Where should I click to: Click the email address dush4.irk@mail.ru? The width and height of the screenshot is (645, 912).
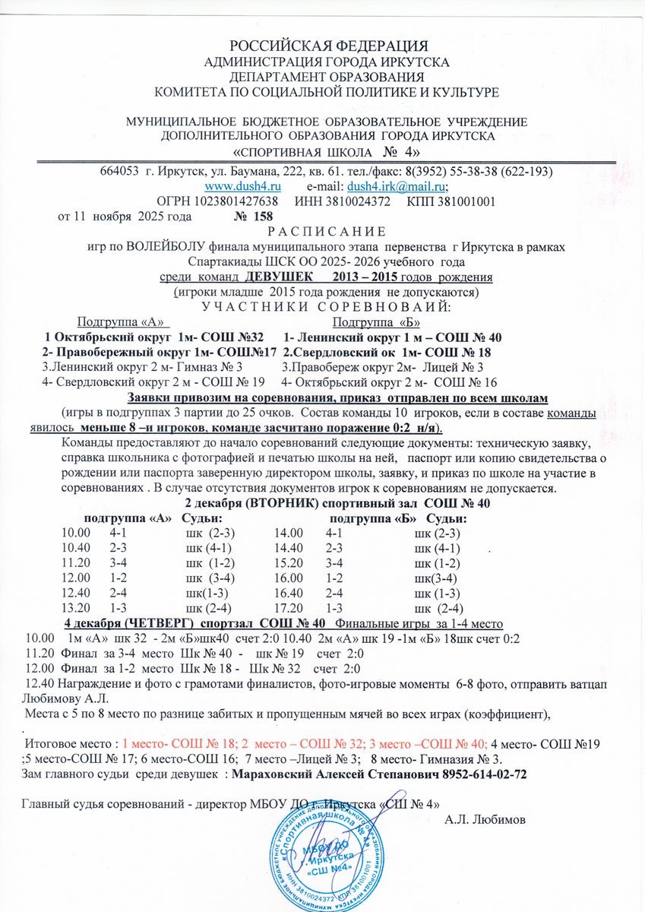[x=396, y=186]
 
